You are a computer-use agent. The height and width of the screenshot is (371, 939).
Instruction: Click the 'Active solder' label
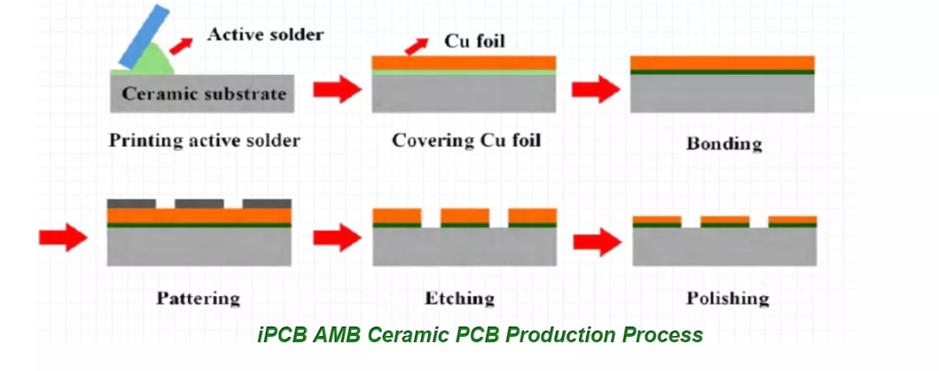pos(265,35)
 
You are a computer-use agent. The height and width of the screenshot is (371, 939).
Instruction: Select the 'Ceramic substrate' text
pos(203,93)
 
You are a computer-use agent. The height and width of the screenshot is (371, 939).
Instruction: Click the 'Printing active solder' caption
pos(204,140)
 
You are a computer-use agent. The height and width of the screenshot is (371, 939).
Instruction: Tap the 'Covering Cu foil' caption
pos(466,140)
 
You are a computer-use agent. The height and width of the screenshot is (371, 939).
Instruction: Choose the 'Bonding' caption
pos(723,143)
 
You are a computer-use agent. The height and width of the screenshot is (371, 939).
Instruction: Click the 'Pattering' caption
pos(198,299)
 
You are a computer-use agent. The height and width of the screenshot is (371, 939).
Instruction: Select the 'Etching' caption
pos(459,299)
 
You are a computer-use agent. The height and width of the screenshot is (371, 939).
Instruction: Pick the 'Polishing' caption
pos(728,299)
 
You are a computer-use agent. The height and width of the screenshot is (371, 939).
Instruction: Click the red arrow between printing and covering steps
pos(336,88)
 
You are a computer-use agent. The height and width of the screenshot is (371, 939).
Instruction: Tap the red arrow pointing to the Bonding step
pos(595,88)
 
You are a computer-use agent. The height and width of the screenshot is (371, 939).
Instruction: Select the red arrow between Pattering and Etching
pos(336,236)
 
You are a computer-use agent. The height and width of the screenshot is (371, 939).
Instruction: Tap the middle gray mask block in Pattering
pos(199,203)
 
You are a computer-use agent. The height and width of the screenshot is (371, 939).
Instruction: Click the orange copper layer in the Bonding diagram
pos(722,63)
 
